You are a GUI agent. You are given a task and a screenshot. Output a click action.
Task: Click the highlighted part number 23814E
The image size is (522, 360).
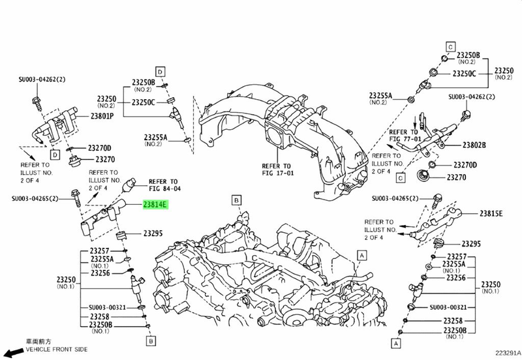click(155, 205)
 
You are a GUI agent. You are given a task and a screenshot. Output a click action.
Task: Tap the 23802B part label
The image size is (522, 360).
click(475, 143)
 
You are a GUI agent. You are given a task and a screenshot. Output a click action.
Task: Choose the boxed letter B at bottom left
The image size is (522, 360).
click(151, 340)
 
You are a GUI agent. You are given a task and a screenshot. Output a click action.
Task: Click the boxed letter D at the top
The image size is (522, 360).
click(160, 70)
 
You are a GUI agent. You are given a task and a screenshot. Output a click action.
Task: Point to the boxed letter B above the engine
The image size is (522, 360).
click(236, 200)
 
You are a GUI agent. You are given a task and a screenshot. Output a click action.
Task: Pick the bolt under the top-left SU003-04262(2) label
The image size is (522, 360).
click(37, 102)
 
